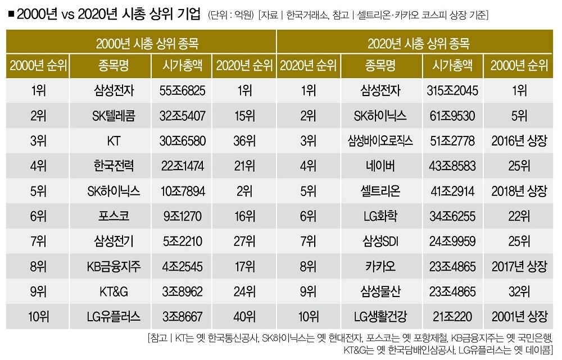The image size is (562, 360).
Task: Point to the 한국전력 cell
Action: [113, 166]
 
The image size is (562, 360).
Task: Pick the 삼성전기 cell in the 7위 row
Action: [113, 240]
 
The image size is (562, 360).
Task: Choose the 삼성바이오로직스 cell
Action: [382, 141]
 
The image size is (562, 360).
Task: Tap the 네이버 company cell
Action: [382, 166]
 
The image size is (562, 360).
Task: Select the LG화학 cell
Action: [382, 216]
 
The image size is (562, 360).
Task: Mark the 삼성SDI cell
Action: [382, 240]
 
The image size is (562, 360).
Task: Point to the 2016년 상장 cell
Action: [519, 141]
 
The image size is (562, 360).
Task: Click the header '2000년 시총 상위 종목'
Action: [140, 43]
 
